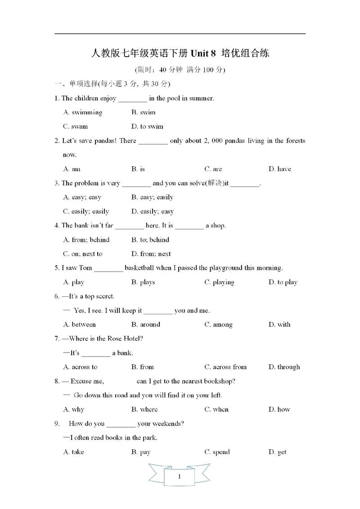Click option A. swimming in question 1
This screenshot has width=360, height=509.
pyautogui.click(x=83, y=112)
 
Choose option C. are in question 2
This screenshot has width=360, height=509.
pyautogui.click(x=213, y=169)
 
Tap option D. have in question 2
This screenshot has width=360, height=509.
pyautogui.click(x=279, y=169)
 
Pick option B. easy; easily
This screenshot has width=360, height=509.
pyautogui.click(x=152, y=197)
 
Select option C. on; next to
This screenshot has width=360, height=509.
pyautogui.click(x=83, y=254)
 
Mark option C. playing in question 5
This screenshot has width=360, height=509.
pyautogui.click(x=219, y=282)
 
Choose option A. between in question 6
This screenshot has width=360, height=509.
pyautogui.click(x=80, y=324)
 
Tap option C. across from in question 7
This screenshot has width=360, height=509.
pyautogui.click(x=225, y=367)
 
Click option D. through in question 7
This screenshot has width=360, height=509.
pyautogui.click(x=284, y=367)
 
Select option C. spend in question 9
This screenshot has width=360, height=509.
pyautogui.click(x=217, y=452)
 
